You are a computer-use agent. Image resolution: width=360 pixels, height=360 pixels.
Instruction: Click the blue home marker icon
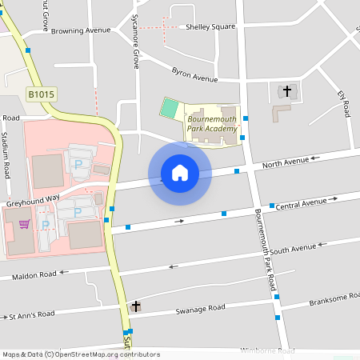(180, 172)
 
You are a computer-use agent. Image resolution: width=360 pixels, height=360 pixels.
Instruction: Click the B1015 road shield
(42, 94)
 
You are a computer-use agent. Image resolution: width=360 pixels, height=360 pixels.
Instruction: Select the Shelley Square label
(210, 26)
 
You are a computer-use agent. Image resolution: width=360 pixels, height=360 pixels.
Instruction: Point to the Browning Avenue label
(80, 30)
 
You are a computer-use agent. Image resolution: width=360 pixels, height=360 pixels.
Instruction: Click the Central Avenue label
(301, 203)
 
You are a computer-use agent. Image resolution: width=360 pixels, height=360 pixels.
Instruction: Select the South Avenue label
(293, 250)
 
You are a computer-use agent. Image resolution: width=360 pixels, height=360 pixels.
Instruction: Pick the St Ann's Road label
(32, 314)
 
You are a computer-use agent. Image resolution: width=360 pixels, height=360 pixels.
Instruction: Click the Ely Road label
(345, 104)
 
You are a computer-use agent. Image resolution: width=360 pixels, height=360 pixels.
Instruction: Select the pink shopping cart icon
(25, 224)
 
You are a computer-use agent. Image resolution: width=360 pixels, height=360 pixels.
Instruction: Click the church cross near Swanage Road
(136, 306)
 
